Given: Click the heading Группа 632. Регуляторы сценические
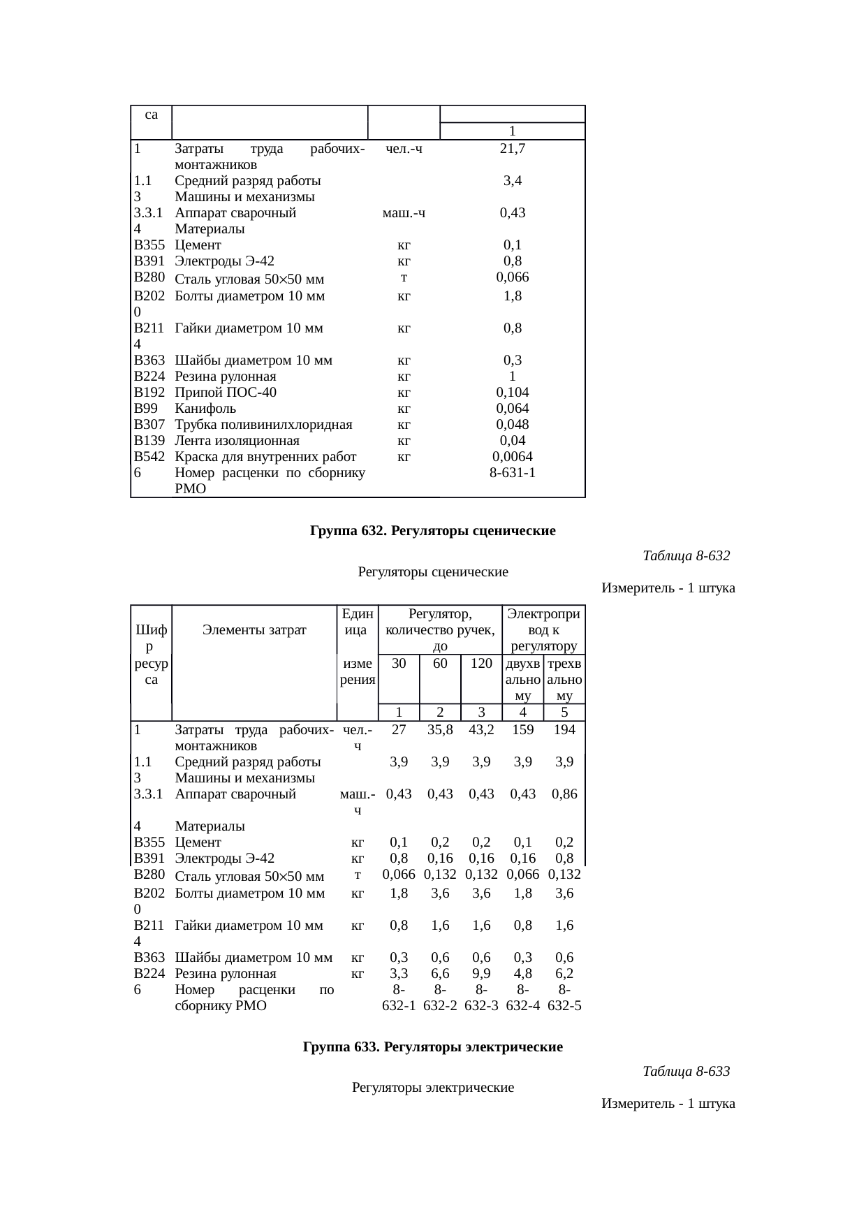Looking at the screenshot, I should [432, 531].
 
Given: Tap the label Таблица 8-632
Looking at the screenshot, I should [685, 556].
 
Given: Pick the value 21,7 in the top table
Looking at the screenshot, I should [513, 148].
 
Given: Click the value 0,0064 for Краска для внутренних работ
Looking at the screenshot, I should [513, 457].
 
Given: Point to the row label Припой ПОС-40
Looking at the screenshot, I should [226, 393].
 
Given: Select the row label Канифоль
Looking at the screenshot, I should [205, 409].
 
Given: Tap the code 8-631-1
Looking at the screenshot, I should [513, 473].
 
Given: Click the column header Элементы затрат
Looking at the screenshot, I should [254, 630].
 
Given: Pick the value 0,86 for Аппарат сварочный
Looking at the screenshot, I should [564, 794].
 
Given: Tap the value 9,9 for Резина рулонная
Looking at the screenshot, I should [481, 974].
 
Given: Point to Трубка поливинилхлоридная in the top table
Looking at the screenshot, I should [263, 425].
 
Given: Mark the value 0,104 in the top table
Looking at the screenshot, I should [513, 393].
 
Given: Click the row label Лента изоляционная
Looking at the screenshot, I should [237, 441].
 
